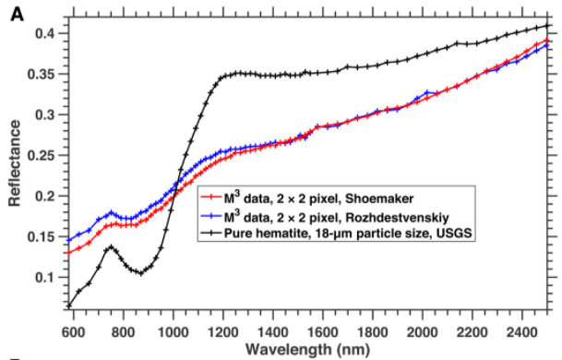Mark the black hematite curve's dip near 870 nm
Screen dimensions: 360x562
coord(138,272)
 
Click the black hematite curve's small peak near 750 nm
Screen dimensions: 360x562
coord(111,246)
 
